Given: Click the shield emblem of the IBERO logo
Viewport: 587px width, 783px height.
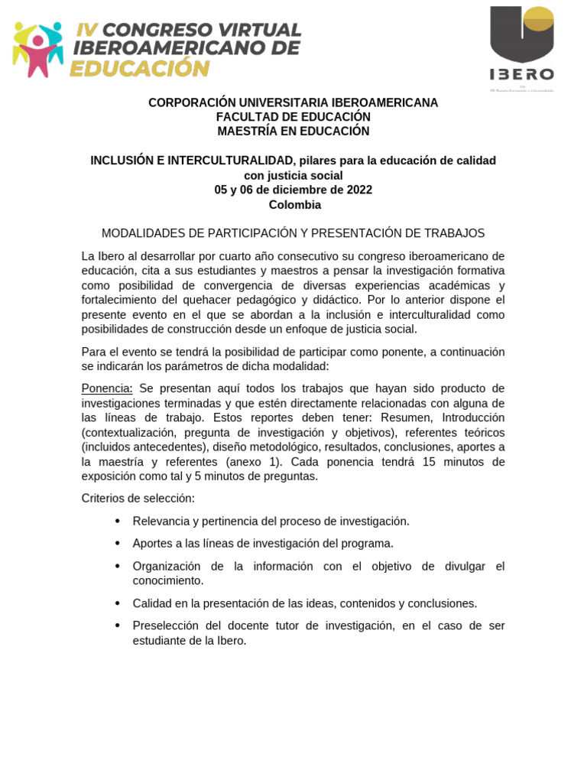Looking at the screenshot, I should coord(522,34).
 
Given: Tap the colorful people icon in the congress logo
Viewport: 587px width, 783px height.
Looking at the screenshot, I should coord(37,48).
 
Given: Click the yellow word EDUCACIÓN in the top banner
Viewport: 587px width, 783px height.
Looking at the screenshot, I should coord(139,69).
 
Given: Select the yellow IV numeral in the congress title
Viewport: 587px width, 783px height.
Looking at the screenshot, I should coord(86,30).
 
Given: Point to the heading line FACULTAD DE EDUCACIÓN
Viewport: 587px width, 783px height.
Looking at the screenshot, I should coord(293,117).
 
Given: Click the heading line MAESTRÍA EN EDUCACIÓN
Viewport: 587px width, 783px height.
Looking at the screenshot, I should coord(293,132).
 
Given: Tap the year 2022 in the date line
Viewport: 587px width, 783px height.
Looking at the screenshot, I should coord(358,190).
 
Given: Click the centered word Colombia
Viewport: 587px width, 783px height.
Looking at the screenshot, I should coord(294,205).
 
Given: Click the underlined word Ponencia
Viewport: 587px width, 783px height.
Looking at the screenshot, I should coord(107,388).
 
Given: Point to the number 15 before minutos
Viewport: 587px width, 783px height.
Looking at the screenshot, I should coord(429,462).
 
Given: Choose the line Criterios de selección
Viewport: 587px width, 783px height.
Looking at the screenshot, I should coord(138,499).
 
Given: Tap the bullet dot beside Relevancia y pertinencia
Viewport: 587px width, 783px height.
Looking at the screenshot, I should coord(117,521).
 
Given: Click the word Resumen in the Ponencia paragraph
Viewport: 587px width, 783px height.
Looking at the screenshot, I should coord(407,417).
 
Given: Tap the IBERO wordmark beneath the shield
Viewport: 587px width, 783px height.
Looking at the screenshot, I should coord(522,74).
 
